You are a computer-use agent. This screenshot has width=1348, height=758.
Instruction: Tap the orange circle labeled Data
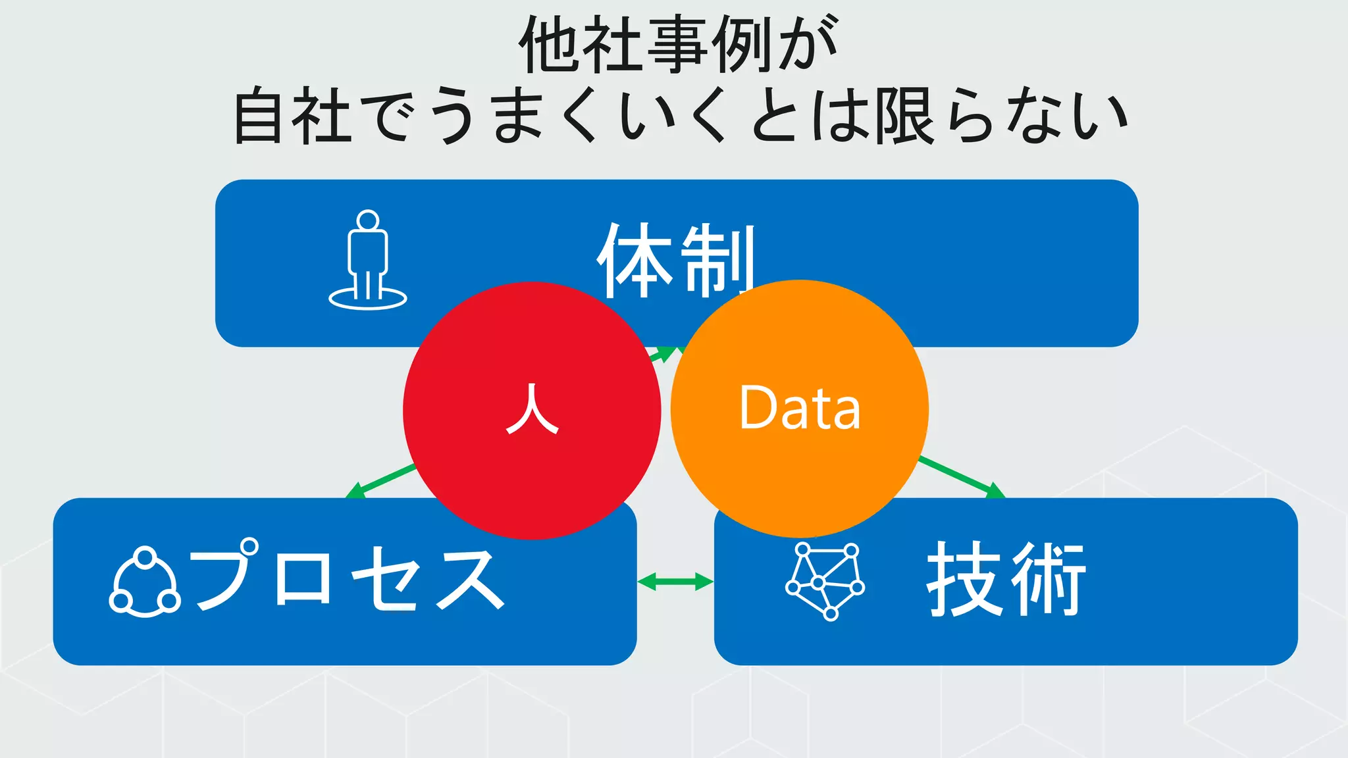tap(800, 474)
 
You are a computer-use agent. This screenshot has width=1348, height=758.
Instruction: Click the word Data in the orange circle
tap(800, 408)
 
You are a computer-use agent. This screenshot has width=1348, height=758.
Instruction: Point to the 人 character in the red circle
tap(532, 409)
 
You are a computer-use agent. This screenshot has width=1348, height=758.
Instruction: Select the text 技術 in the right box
tap(1006, 579)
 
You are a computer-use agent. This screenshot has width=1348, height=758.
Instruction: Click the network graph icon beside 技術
tap(825, 581)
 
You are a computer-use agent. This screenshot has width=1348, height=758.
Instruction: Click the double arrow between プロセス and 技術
tap(675, 582)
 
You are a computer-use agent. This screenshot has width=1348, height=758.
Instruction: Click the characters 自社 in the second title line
tap(292, 117)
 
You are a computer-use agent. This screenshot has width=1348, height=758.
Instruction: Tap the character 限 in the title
tap(904, 117)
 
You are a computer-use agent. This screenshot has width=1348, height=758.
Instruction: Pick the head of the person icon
tap(368, 220)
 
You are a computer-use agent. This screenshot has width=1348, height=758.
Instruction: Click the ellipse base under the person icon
tap(368, 299)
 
